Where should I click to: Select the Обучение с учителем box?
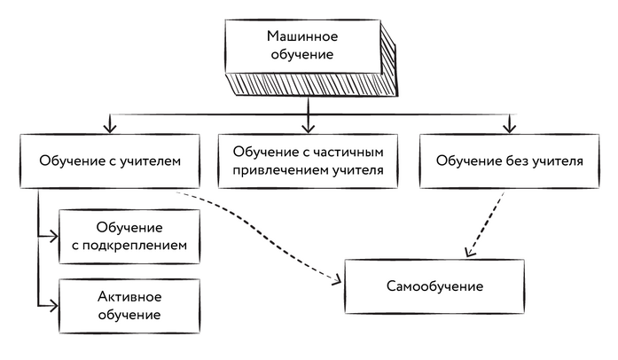pos(110,161)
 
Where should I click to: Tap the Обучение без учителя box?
pos(510,161)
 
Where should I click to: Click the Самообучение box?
pos(434,287)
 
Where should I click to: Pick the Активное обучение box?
pos(128,305)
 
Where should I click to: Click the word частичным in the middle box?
pos(345,153)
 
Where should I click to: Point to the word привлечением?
pos(272,170)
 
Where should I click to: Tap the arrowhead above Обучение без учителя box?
pos(509,125)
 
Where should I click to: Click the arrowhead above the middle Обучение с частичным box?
pos(308,125)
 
